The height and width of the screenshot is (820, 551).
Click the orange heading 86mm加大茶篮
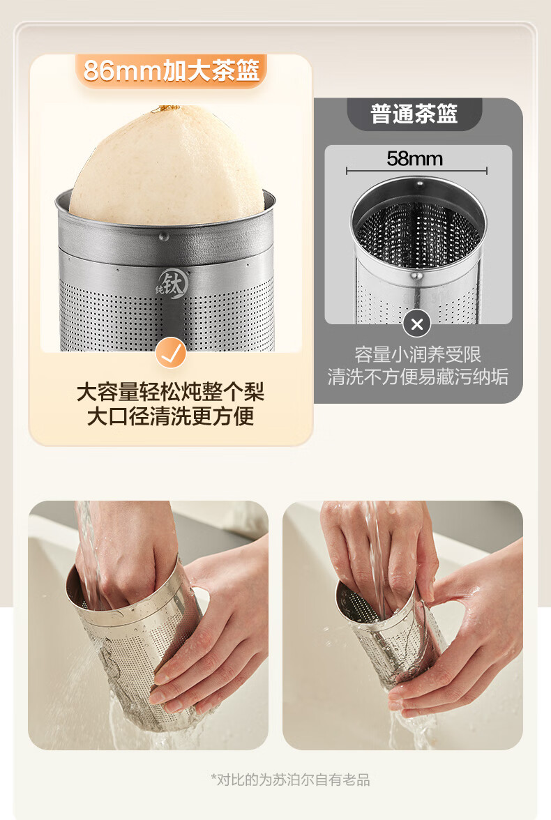pos(171,70)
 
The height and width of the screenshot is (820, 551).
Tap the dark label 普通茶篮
pos(414,114)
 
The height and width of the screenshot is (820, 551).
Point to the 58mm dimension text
pos(415,158)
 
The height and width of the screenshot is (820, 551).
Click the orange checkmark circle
pos(171,353)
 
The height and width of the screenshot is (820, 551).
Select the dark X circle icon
pos(417,324)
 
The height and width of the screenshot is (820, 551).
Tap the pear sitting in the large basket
pos(167,165)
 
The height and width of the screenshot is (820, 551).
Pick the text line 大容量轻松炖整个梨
pos(171,392)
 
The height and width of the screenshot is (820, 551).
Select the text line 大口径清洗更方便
pos(171,416)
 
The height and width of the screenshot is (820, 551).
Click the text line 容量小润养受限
pos(418,354)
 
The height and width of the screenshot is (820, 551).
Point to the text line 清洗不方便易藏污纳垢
pos(418,377)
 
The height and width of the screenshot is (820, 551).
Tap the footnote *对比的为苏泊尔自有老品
pos(290,780)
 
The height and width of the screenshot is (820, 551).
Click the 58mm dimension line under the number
pos(416,170)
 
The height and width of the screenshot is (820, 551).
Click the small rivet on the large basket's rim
pos(164,236)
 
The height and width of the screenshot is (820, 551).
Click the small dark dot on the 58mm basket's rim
pos(420,184)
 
